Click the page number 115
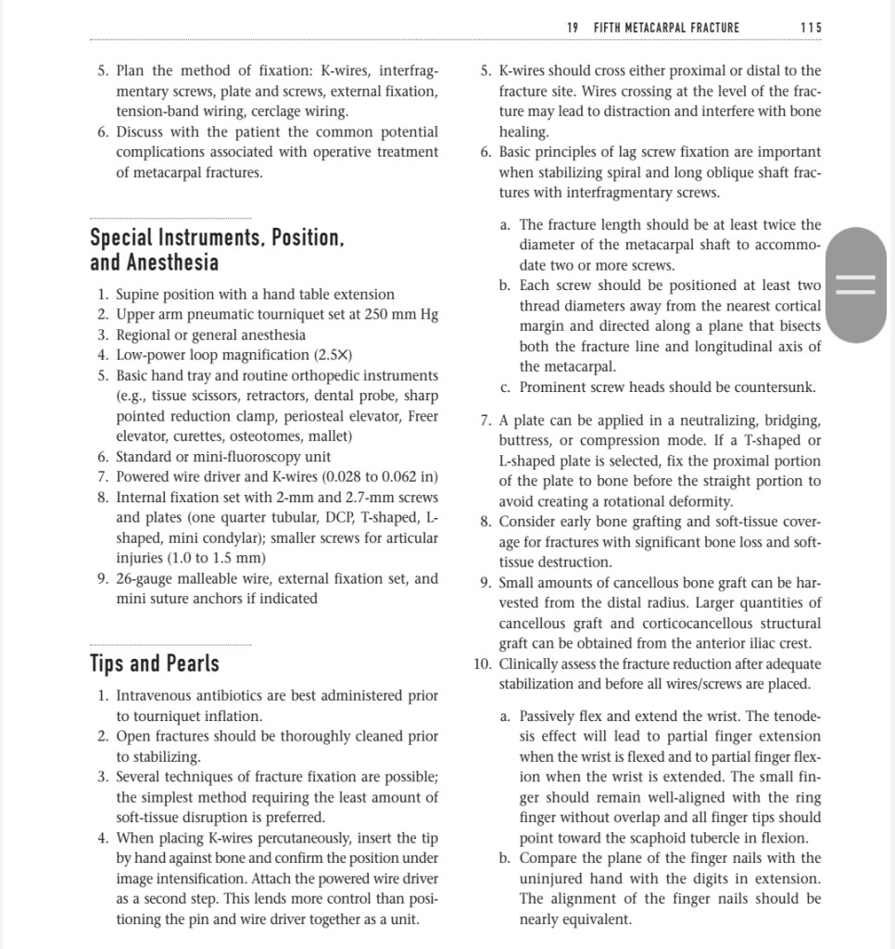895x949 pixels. tap(810, 28)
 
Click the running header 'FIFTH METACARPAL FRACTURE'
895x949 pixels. tap(666, 28)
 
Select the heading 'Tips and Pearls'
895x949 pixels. tap(155, 664)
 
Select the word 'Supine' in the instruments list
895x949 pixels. tap(140, 294)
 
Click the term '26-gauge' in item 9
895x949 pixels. tap(145, 578)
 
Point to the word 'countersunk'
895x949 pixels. tap(780, 387)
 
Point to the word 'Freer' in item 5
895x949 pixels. tap(422, 415)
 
